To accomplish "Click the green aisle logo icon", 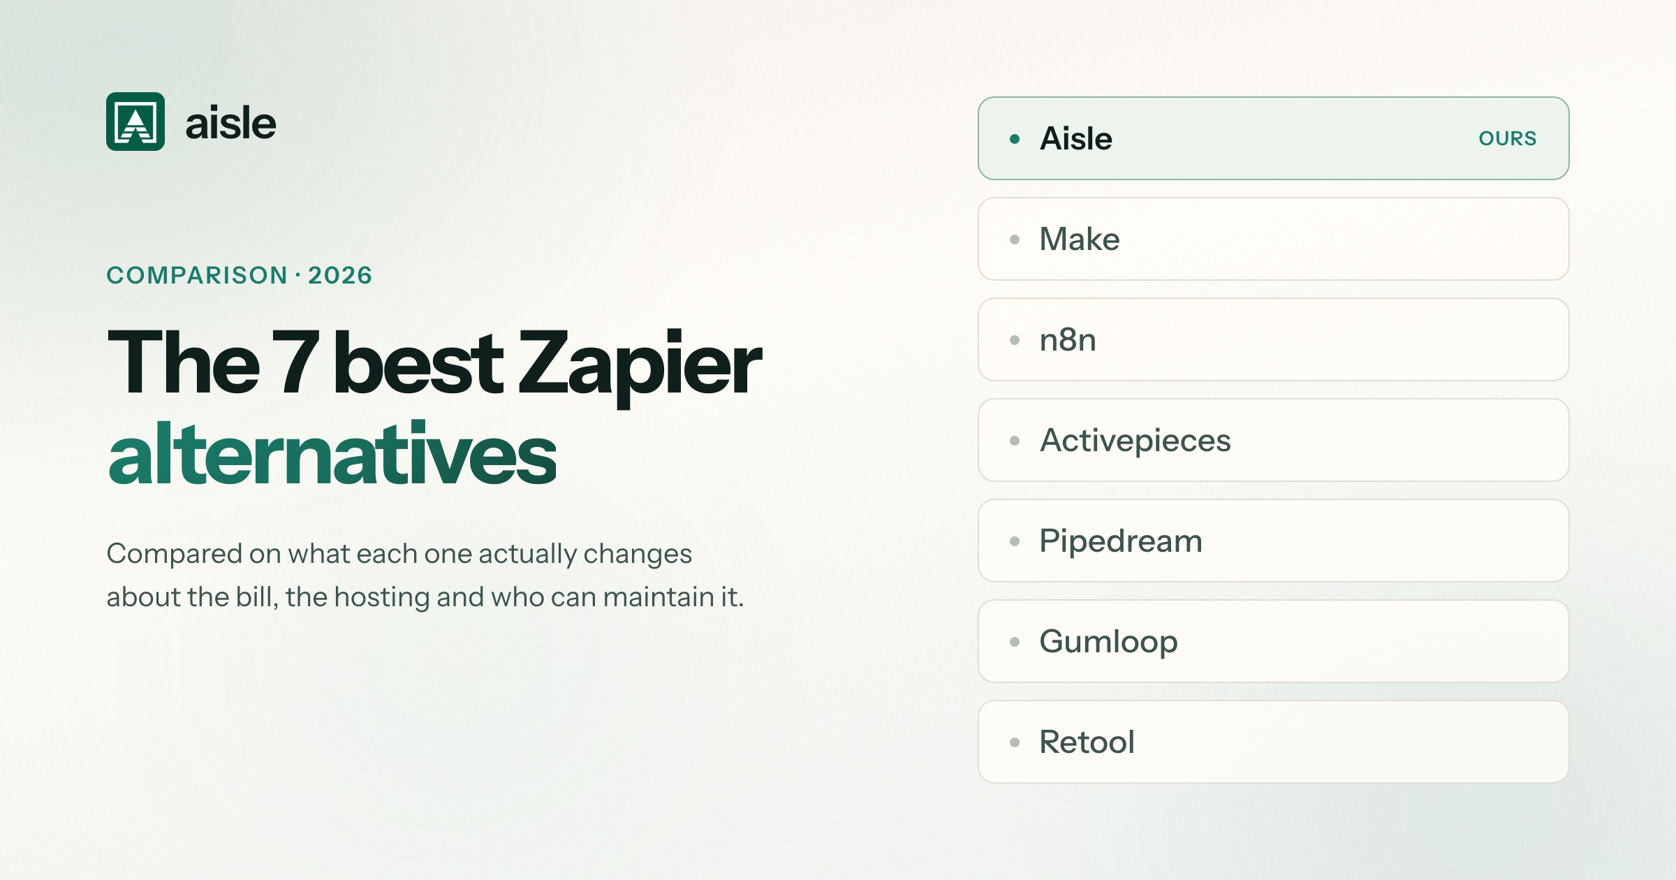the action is click(135, 122).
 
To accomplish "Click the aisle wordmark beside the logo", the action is click(230, 123).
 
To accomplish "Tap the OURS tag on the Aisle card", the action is click(1508, 138).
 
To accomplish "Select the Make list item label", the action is click(1080, 239).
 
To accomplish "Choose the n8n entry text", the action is click(1068, 339).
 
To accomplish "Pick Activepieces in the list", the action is click(1135, 441).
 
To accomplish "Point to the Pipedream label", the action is click(1121, 541).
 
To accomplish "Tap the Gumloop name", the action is click(1109, 642).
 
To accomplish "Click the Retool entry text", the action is click(1087, 742).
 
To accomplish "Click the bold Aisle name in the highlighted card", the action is click(1076, 138).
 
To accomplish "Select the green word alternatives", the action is click(332, 454).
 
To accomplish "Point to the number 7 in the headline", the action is click(296, 362).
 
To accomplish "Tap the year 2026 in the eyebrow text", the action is click(340, 275).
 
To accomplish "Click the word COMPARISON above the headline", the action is click(197, 275).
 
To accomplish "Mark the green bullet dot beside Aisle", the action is click(1015, 139).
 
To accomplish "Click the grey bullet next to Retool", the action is click(1015, 742).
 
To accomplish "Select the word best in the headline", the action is click(418, 362).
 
